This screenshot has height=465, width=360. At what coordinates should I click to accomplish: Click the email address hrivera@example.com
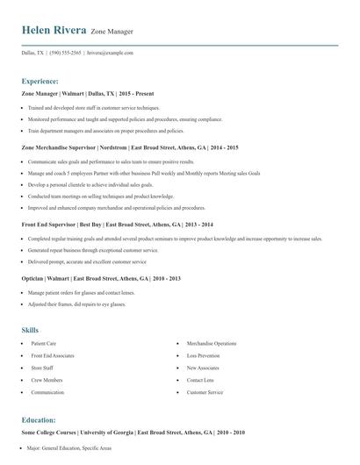coord(110,53)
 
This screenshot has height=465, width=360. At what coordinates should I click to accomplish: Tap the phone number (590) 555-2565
coord(65,53)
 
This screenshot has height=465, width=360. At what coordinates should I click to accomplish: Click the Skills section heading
coord(30,330)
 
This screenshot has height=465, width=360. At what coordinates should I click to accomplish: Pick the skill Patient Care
coord(44,343)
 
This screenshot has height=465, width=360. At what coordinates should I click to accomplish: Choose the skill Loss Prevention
coord(205,355)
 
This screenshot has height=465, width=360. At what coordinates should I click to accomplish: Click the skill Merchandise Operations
coord(212,343)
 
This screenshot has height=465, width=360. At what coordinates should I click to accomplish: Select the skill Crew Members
coord(47,380)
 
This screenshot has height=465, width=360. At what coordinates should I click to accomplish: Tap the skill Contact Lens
coord(200,380)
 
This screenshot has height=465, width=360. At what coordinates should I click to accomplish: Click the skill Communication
coord(47,392)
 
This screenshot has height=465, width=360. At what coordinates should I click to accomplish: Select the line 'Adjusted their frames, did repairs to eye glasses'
coord(76,304)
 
